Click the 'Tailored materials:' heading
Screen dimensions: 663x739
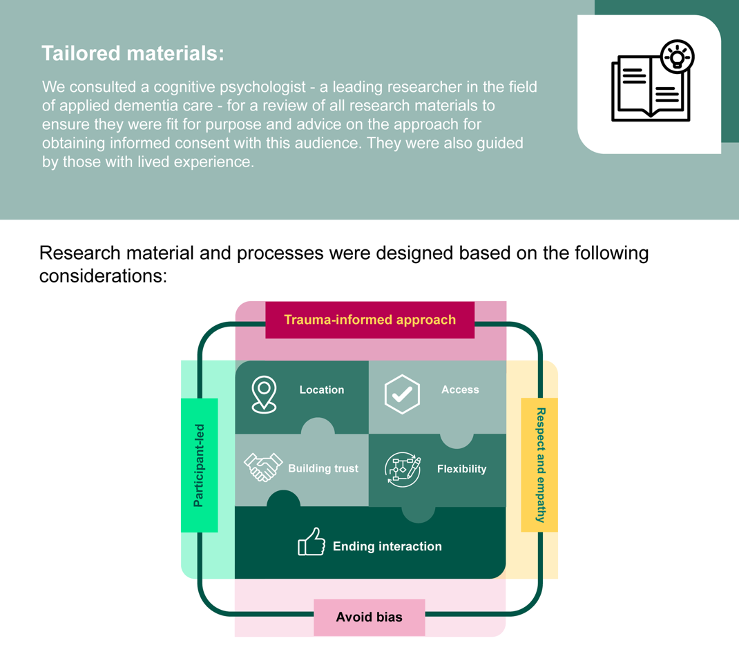click(x=133, y=54)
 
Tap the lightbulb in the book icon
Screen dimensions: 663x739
click(x=677, y=57)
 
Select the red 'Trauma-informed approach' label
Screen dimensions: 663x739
click(x=369, y=320)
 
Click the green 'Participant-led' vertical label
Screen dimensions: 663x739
click(x=199, y=465)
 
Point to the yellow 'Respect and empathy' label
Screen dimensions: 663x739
click(x=540, y=465)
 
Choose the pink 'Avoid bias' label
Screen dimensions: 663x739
click(x=369, y=617)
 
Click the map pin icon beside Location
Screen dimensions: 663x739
click(x=264, y=394)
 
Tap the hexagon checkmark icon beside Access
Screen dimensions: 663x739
click(x=402, y=394)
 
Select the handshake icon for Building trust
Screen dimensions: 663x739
click(x=263, y=467)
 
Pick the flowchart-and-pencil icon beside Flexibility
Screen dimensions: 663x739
click(x=402, y=470)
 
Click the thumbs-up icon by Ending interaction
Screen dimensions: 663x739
click(x=311, y=542)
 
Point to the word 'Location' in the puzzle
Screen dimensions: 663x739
click(x=321, y=390)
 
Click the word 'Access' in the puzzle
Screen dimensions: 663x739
click(x=460, y=390)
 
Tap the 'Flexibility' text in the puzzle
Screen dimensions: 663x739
click(x=461, y=469)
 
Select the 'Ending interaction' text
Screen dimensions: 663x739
click(x=387, y=546)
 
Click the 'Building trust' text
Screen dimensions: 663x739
click(x=323, y=468)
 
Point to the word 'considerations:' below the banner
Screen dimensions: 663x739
click(x=103, y=276)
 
